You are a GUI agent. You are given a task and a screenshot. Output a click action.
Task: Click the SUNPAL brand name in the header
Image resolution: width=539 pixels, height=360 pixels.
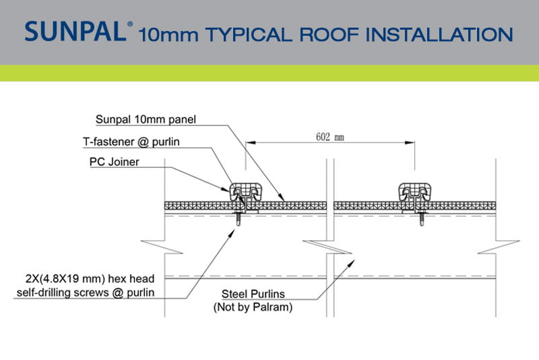[75, 31]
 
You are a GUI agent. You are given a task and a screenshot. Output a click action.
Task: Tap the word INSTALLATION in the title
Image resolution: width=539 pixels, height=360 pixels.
[439, 35]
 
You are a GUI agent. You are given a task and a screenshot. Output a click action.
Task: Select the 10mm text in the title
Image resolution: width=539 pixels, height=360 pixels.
[168, 35]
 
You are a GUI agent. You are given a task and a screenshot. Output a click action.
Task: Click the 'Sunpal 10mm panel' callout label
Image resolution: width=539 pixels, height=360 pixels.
[146, 119]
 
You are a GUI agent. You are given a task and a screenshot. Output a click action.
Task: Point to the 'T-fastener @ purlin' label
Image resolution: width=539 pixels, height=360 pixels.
[131, 142]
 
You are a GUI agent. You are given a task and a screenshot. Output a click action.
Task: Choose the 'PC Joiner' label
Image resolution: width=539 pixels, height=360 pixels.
[114, 162]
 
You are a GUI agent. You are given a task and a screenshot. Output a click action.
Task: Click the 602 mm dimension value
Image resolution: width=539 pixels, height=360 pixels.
[330, 137]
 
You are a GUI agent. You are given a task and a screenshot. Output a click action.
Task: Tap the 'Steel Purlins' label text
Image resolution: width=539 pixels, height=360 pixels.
[253, 294]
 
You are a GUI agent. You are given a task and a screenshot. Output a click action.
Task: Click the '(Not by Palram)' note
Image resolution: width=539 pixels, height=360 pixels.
[253, 307]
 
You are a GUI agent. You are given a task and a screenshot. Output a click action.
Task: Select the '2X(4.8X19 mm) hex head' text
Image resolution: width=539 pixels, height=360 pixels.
[90, 278]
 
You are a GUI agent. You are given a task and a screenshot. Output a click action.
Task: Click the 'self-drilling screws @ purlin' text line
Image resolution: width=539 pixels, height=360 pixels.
[86, 293]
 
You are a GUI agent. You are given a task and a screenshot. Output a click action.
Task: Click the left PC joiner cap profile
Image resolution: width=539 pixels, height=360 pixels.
[246, 192]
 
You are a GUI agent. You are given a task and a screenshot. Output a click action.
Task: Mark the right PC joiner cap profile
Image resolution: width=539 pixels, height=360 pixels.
[415, 192]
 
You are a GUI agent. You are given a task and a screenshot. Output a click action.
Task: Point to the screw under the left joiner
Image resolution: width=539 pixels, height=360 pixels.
[239, 218]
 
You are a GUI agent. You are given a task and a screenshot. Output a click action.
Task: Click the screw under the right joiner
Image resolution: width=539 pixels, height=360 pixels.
[422, 218]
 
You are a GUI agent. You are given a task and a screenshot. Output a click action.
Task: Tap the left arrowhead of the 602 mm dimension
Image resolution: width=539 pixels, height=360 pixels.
[251, 142]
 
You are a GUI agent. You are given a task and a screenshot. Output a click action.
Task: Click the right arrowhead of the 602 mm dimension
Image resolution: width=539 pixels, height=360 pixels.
[410, 142]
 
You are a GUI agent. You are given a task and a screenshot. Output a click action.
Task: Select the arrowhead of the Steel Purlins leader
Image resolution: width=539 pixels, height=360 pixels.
[351, 264]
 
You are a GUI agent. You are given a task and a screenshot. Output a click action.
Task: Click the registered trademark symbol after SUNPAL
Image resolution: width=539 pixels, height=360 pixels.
[130, 24]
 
